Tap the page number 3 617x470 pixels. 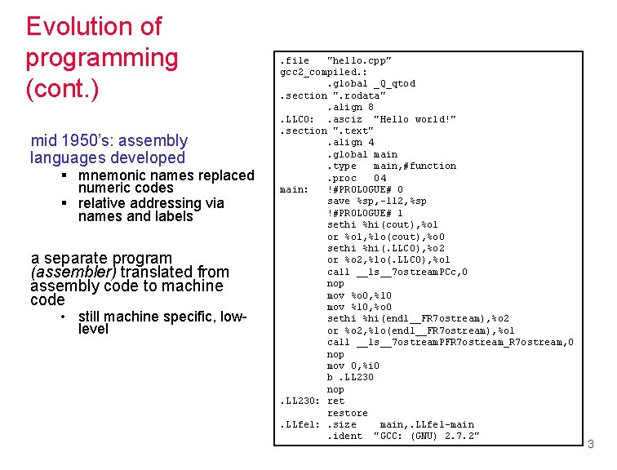point(591,444)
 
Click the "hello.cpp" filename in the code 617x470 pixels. point(359,60)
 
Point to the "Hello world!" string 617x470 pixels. point(415,119)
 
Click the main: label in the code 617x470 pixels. point(294,189)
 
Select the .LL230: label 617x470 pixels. point(300,401)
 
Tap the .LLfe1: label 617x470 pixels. point(300,424)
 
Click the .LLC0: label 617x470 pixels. point(296,119)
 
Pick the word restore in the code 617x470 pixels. point(347,413)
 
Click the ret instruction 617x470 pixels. point(335,401)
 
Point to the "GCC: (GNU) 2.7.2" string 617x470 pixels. point(426,436)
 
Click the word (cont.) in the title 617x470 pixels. point(62,88)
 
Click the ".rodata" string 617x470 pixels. point(358,95)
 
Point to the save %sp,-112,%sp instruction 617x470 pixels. point(376,201)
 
